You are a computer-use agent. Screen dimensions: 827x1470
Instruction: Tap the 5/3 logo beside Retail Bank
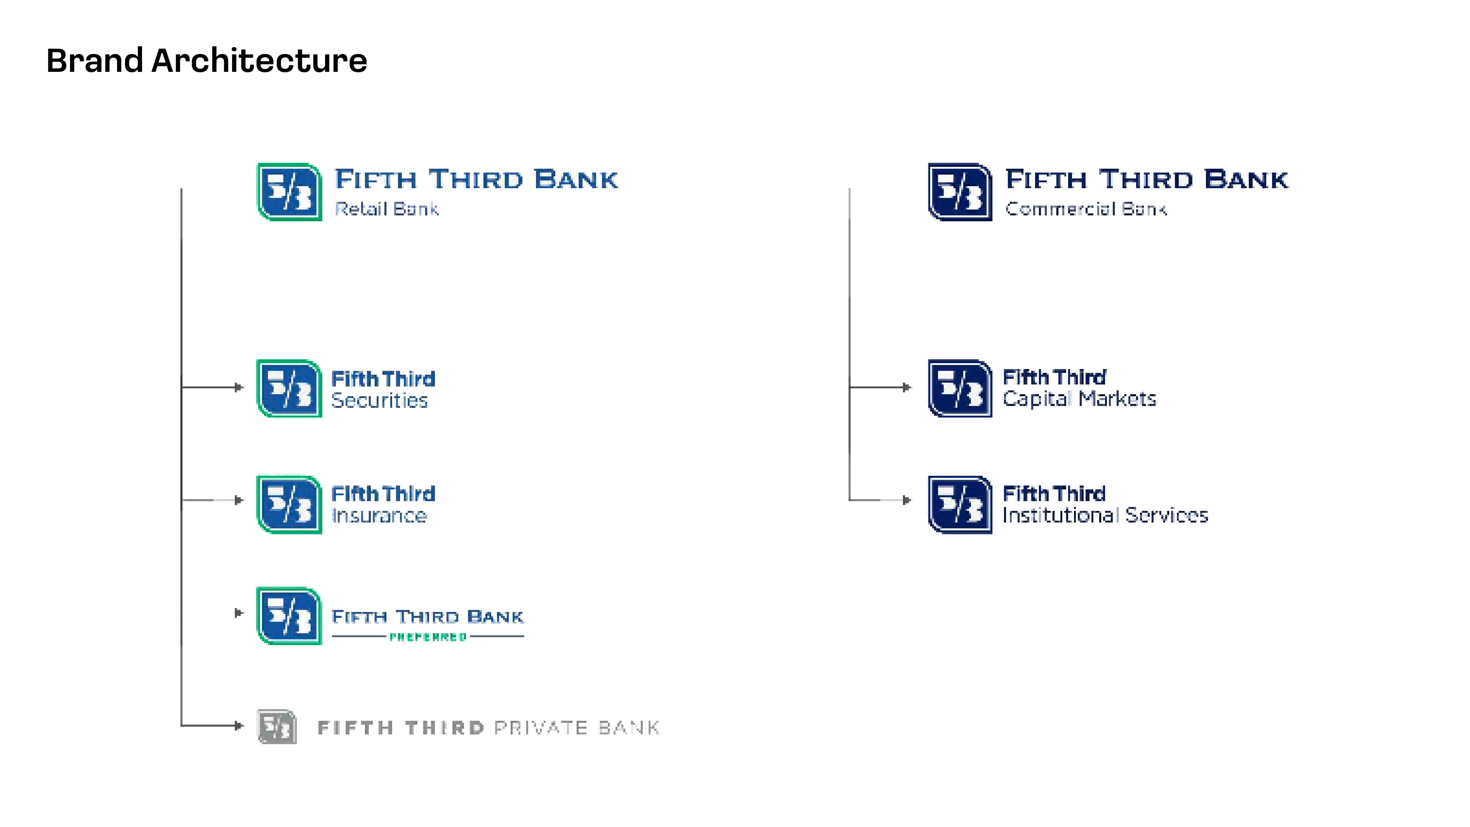pos(289,192)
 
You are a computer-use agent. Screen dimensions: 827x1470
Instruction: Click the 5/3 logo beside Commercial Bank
pos(960,192)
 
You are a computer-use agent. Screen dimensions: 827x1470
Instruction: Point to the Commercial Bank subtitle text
pos(1086,209)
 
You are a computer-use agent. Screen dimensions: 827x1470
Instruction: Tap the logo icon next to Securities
pos(289,388)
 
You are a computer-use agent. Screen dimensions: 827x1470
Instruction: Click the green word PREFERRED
pos(428,637)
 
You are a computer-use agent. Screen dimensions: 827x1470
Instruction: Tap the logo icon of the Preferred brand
pos(289,616)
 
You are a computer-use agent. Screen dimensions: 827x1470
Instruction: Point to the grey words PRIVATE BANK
pos(576,728)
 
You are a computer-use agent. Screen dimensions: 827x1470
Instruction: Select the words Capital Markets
pos(1079,399)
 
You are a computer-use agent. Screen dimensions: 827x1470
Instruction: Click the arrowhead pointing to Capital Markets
pos(907,388)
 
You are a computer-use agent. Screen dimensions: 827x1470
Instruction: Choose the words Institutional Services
pos(1105,515)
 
